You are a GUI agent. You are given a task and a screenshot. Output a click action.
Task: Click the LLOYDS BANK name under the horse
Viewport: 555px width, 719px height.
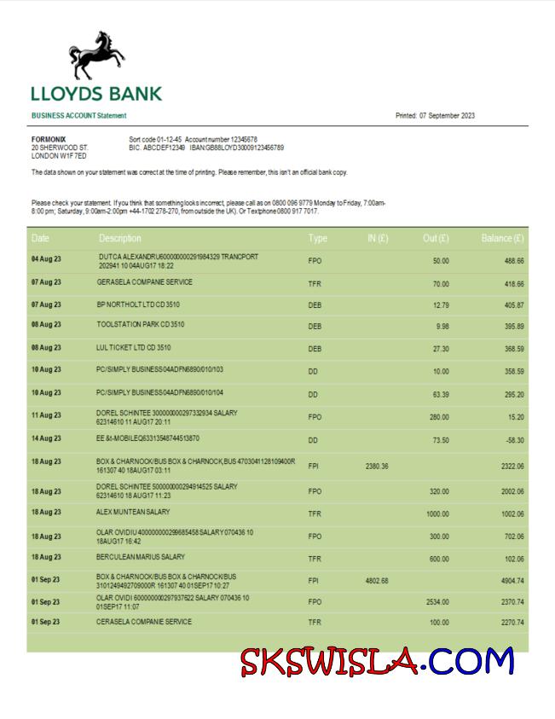pos(96,94)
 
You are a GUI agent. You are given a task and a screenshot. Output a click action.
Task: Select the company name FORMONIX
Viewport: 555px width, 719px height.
pos(49,139)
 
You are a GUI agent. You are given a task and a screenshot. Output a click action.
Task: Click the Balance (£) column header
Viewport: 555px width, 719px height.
pos(502,238)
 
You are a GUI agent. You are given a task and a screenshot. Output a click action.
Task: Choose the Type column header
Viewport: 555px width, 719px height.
pos(318,238)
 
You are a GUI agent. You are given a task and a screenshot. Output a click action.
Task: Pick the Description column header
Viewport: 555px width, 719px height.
pos(120,238)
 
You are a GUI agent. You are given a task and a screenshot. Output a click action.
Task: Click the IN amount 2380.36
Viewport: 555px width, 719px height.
pos(376,466)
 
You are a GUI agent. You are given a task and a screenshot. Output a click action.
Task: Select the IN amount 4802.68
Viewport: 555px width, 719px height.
pos(376,581)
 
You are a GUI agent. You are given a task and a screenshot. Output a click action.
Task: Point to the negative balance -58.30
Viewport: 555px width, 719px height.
pos(512,439)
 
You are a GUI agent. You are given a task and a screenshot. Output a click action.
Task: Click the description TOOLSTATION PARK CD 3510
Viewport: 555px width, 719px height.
pos(141,325)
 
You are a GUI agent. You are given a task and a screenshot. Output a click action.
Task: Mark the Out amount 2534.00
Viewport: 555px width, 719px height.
pos(437,602)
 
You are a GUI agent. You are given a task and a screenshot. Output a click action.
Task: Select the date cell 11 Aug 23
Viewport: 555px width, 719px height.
pos(46,415)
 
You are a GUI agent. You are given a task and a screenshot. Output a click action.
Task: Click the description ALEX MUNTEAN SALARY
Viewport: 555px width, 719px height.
pos(133,512)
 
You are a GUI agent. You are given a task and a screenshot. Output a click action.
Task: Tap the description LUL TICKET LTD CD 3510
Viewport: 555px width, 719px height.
pos(134,348)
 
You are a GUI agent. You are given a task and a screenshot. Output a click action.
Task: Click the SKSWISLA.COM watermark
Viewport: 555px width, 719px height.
pos(377,662)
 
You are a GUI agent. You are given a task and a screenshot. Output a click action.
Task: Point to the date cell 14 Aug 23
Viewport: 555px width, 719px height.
pos(46,438)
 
